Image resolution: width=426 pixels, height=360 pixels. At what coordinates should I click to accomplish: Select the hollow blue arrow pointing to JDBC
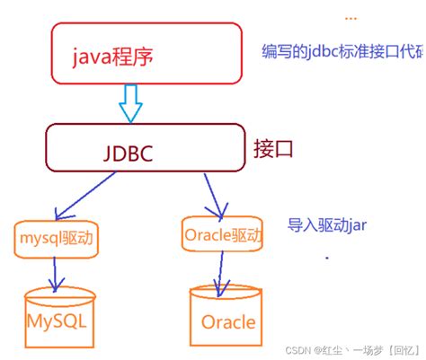pos(132,102)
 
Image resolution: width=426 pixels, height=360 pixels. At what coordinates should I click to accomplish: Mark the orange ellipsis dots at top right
pos(351,19)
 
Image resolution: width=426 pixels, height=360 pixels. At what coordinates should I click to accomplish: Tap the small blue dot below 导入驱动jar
pos(327,259)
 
